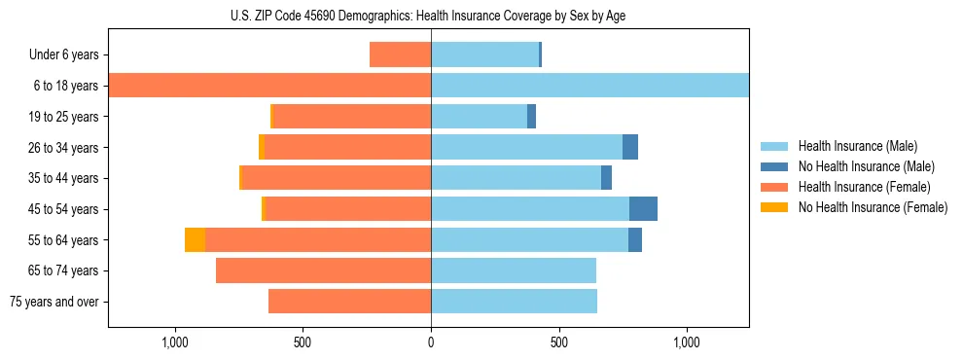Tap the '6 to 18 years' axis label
coord(65,86)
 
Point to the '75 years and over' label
coord(54,302)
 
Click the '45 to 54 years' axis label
coord(63,209)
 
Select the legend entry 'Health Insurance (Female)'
coord(864,187)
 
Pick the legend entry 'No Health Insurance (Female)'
coord(873,207)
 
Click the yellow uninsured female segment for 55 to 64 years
coord(195,240)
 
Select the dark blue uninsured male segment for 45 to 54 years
coord(643,209)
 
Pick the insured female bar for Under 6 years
coord(400,55)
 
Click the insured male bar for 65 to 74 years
coord(514,270)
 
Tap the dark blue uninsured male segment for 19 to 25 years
coord(531,117)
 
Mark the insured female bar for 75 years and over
coord(349,302)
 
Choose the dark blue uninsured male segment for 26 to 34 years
coord(630,147)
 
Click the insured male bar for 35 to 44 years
coord(516,178)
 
